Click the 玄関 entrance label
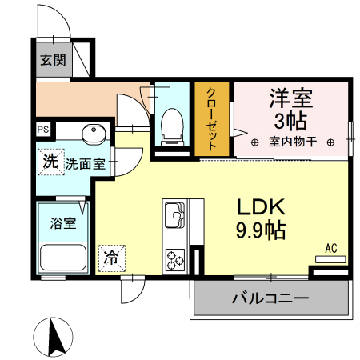click(54, 58)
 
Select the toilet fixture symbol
click(170, 126)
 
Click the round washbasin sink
click(93, 131)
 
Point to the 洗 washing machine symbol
click(50, 161)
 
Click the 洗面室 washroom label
click(85, 164)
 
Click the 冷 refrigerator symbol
click(111, 258)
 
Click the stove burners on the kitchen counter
click(174, 258)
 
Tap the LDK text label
click(260, 207)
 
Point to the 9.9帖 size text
click(260, 232)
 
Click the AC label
click(331, 247)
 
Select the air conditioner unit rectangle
click(330, 259)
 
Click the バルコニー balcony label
click(270, 300)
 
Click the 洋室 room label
click(290, 101)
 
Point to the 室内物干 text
click(293, 142)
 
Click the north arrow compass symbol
click(55, 336)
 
